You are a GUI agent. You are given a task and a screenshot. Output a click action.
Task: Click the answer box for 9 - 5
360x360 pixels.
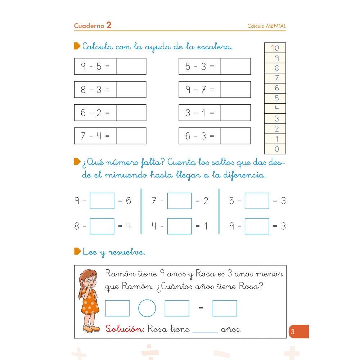coord(131,66)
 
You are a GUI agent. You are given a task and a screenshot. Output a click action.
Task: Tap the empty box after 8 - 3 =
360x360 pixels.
coord(131,89)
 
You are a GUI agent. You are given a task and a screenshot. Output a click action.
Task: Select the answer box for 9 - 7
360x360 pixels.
coord(235,89)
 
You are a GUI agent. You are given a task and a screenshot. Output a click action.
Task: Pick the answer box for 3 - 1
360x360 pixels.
coord(235,113)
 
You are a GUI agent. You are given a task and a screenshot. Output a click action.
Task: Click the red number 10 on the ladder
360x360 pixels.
coord(275,48)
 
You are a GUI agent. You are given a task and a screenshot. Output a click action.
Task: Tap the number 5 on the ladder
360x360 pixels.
coord(276,98)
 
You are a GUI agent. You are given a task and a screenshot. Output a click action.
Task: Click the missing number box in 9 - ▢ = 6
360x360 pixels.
coord(102,201)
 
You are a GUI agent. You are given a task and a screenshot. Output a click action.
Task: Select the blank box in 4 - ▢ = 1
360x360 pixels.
coord(179,226)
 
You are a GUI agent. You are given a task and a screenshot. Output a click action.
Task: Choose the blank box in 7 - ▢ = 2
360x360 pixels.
coord(179,201)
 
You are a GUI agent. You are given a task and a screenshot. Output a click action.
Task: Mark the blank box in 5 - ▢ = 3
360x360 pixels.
coord(257,201)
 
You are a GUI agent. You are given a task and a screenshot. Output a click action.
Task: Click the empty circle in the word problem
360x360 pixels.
coord(147,308)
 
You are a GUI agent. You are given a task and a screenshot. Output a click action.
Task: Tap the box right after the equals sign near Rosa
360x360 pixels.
coord(225,308)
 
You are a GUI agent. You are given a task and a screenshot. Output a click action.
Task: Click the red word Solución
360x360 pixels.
coord(125,329)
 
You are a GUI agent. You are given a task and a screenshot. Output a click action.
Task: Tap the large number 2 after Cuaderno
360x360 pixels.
coord(109,25)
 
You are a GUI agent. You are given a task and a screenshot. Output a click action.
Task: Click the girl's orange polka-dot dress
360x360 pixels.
coord(90,304)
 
